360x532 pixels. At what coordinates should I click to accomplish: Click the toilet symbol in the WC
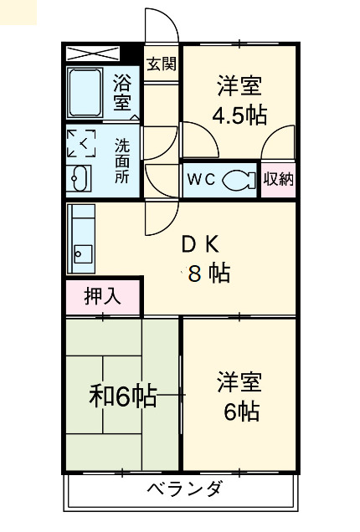242,178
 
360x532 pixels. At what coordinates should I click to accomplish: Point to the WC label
202,179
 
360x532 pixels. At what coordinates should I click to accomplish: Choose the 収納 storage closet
278,179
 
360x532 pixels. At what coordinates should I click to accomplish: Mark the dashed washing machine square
82,144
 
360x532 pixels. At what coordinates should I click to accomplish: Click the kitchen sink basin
83,252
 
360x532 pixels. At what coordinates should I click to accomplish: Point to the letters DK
201,244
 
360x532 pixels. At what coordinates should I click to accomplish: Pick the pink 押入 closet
103,295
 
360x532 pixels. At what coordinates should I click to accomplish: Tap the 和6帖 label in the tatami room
122,396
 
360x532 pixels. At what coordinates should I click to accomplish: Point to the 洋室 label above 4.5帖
239,86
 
